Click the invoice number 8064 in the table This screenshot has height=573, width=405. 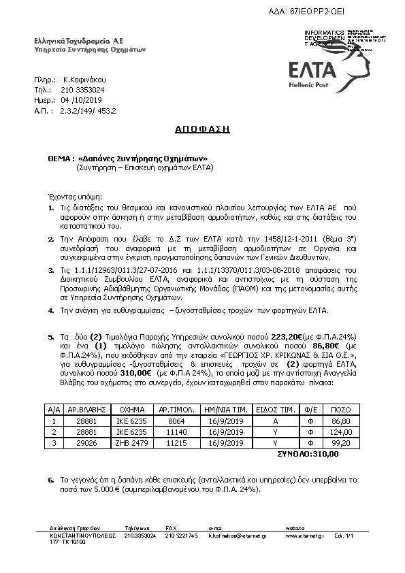point(177,421)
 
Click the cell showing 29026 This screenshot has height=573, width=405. point(81,442)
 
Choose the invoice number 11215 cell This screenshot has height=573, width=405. point(177,442)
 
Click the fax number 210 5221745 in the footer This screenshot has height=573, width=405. point(182,536)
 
